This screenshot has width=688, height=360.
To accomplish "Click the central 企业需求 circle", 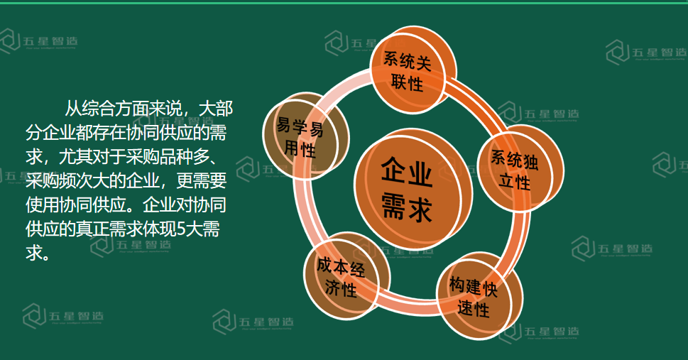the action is pos(413,190).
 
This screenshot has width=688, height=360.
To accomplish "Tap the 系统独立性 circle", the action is pos(520,169).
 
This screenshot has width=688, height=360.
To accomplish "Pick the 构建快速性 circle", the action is pos(479,295).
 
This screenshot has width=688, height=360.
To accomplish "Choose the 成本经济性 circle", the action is pos(346,276).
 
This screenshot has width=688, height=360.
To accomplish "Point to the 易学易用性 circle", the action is pos(306,136).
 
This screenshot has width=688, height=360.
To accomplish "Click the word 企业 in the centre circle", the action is pos(407,171).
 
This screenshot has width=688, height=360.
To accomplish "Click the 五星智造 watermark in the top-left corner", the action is pos(38,41).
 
